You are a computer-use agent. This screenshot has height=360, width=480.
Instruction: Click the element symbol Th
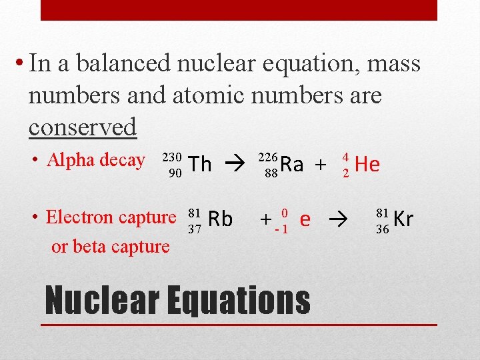click(200, 164)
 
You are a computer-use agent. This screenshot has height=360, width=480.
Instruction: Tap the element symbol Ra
click(292, 164)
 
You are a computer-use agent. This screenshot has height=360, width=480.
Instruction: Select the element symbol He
click(367, 164)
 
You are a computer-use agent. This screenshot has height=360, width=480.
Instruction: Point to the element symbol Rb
click(221, 219)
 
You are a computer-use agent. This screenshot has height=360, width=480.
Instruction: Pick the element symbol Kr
click(403, 219)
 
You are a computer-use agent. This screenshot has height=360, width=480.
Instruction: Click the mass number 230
click(172, 157)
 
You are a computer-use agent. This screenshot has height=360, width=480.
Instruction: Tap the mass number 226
click(268, 157)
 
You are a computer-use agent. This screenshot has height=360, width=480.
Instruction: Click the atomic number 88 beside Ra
click(271, 173)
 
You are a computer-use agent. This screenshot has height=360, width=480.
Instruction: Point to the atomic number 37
click(194, 229)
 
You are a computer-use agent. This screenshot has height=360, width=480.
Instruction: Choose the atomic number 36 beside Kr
click(383, 229)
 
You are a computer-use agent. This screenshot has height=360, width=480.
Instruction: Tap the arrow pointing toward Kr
click(339, 219)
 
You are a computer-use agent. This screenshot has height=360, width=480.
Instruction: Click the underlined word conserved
click(83, 127)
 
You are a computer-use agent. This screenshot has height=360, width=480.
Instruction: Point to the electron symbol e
click(305, 219)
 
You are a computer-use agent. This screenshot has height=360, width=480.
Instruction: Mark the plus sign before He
click(321, 165)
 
